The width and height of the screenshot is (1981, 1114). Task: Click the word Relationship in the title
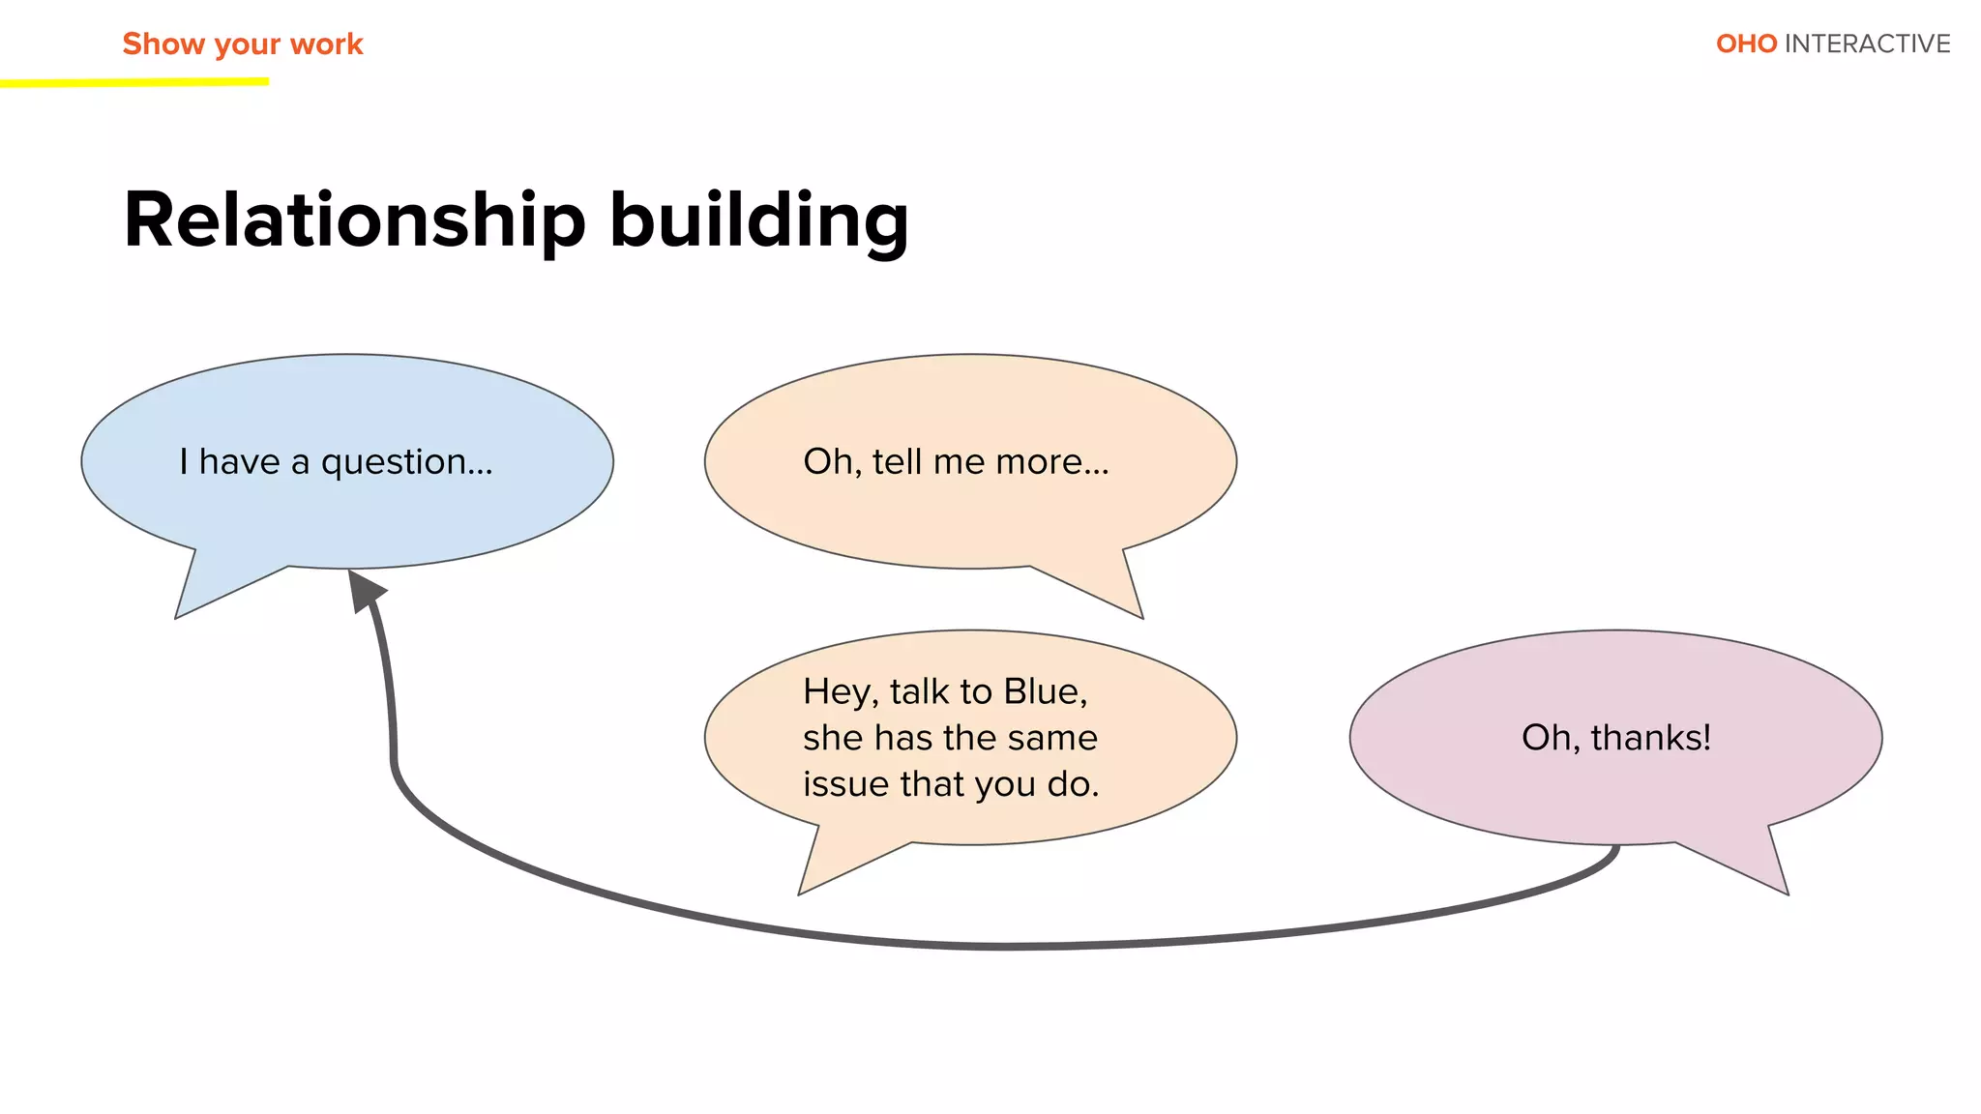[354, 220]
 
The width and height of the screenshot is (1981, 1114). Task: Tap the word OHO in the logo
[1746, 44]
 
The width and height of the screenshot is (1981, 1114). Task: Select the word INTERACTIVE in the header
[1867, 44]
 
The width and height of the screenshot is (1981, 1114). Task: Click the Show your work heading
[242, 44]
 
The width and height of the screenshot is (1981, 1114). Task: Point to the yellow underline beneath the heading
[135, 83]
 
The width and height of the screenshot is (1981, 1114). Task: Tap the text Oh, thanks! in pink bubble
[1615, 738]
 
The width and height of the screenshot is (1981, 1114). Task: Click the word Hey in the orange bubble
[838, 692]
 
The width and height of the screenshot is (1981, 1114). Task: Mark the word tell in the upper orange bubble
[897, 461]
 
